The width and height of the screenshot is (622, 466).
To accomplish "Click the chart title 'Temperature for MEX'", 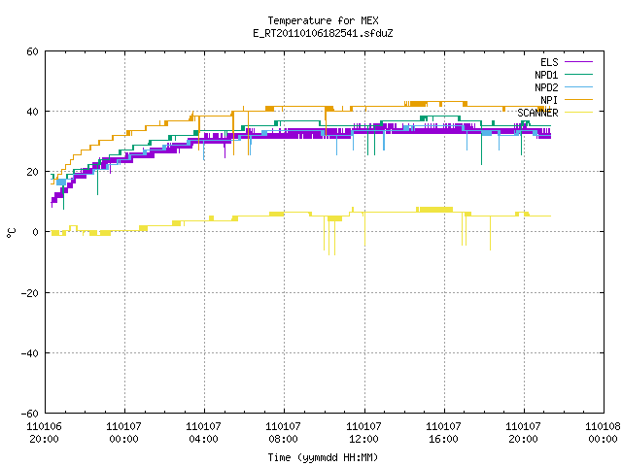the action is click(x=323, y=20).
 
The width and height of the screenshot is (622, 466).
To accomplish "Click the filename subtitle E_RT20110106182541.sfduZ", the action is click(x=323, y=33).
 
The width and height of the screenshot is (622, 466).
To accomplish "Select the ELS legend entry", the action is click(x=567, y=62).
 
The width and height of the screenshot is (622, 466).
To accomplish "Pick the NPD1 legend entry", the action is click(x=564, y=75).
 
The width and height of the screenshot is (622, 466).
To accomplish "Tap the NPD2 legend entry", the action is click(x=564, y=87).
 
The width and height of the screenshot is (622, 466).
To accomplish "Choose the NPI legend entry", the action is click(x=567, y=100).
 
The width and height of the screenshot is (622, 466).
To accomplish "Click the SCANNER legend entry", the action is click(x=555, y=113).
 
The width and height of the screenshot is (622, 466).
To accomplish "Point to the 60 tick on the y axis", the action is click(x=32, y=51).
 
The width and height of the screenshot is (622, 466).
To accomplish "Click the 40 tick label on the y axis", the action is click(x=32, y=112).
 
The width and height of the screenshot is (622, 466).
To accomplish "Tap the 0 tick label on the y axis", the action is click(x=36, y=232).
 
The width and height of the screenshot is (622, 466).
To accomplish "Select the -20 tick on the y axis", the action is click(x=30, y=293).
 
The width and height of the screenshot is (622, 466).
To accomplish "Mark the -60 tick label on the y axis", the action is click(x=30, y=414).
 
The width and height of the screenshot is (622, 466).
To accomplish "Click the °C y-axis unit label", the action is click(x=12, y=233).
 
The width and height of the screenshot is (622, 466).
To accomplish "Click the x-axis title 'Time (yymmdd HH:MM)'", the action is click(x=323, y=457).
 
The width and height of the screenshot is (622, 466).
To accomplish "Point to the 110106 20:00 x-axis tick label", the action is click(x=45, y=433).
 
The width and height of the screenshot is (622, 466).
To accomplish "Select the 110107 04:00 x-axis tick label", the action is click(x=203, y=433).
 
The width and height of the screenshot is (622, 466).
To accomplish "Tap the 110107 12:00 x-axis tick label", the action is click(x=363, y=433).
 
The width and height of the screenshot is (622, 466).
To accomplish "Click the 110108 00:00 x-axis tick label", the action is click(x=603, y=433).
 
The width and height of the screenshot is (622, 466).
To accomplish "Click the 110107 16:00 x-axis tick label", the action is click(x=443, y=433).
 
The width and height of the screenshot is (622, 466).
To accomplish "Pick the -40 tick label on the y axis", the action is click(x=30, y=353).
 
